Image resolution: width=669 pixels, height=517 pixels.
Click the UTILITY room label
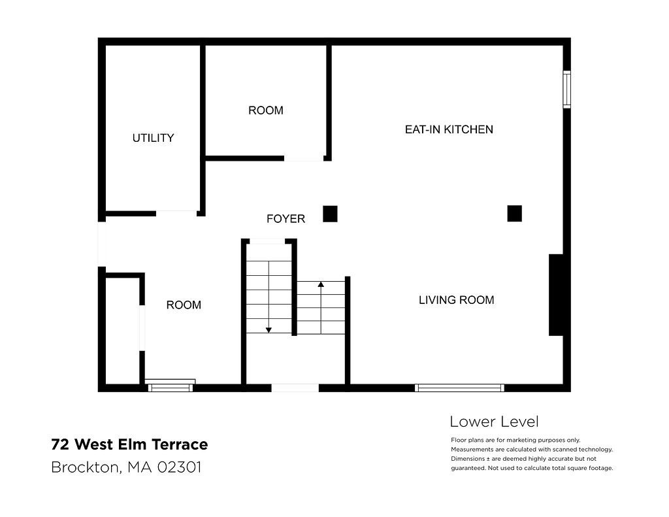click(153, 138)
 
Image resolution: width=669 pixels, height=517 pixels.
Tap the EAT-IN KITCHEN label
click(449, 129)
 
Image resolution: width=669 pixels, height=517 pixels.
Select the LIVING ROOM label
click(457, 300)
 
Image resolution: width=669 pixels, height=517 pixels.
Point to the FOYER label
click(286, 218)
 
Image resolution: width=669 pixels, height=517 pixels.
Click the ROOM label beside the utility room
click(266, 110)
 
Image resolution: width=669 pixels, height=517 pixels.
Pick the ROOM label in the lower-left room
click(184, 305)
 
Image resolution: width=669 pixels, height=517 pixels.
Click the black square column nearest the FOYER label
click(330, 214)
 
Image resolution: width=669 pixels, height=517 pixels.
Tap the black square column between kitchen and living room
click(515, 214)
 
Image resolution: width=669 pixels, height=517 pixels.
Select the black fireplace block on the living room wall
click(556, 295)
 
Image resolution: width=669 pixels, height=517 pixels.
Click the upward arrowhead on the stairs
click(321, 284)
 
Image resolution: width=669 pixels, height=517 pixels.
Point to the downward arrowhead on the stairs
click(269, 330)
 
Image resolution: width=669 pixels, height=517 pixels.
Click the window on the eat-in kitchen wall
click(566, 90)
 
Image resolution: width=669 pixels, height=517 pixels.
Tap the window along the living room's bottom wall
click(459, 388)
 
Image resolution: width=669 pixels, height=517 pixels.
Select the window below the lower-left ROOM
click(171, 387)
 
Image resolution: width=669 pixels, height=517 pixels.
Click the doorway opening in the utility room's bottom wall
click(176, 213)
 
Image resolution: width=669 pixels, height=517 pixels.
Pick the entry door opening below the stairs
click(295, 388)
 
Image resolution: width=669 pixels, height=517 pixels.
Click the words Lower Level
click(494, 422)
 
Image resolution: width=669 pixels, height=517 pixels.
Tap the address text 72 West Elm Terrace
click(129, 444)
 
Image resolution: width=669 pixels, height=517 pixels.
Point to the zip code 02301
click(179, 467)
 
